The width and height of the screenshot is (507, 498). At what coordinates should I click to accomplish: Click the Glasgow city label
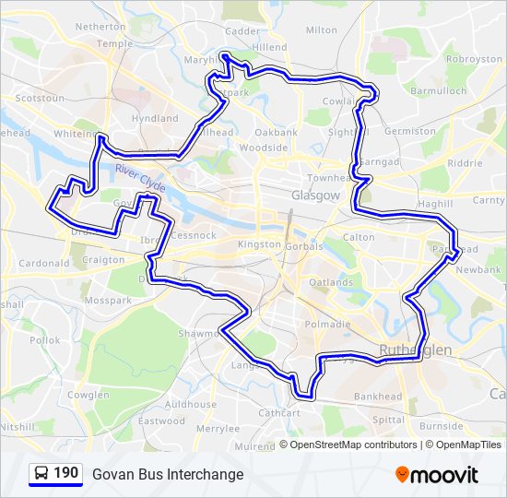(x=316, y=196)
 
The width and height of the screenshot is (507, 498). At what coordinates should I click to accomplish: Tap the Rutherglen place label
(x=416, y=350)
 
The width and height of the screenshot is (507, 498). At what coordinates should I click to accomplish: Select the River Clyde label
(x=140, y=179)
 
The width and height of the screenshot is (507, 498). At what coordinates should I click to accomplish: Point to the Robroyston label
(x=473, y=58)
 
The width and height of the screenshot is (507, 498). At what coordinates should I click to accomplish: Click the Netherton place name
(x=100, y=28)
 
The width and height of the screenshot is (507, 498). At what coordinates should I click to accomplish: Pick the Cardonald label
(x=43, y=263)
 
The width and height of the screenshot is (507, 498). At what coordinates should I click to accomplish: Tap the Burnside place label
(x=442, y=426)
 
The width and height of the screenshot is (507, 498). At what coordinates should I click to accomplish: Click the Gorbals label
(x=304, y=247)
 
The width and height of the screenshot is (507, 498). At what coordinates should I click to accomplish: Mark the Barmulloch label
(x=439, y=92)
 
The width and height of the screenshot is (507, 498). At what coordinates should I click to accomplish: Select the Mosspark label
(x=107, y=301)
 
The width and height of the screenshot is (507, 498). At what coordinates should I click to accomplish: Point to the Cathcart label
(x=278, y=413)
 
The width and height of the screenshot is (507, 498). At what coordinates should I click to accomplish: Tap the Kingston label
(x=259, y=244)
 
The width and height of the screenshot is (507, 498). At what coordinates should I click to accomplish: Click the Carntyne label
(x=489, y=200)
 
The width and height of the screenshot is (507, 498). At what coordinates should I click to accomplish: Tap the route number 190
(x=65, y=473)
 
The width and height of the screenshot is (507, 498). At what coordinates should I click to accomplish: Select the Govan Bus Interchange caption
(x=168, y=474)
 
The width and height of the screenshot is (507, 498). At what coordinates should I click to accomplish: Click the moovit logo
(x=437, y=475)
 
